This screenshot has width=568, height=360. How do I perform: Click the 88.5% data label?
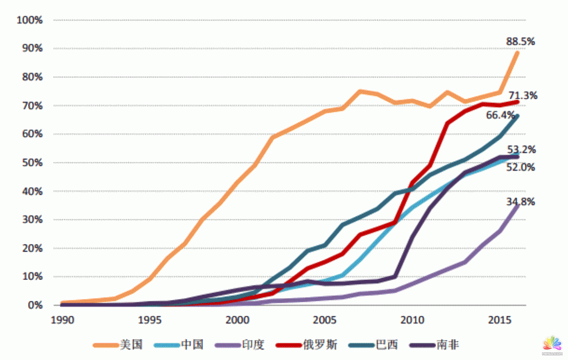pyautogui.click(x=520, y=42)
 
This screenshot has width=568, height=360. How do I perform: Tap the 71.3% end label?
pyautogui.click(x=523, y=96)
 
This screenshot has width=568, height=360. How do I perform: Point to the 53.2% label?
pyautogui.click(x=521, y=150)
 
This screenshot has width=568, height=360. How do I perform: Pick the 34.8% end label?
pyautogui.click(x=521, y=202)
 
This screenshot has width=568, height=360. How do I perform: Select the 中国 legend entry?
pyautogui.click(x=192, y=345)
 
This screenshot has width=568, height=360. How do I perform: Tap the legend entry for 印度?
pyautogui.click(x=253, y=345)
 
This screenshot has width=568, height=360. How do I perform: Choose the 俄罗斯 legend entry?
pyautogui.click(x=320, y=345)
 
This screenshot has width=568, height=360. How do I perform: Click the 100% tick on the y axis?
pyautogui.click(x=29, y=20)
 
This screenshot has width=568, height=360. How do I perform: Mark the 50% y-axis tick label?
pyautogui.click(x=31, y=162)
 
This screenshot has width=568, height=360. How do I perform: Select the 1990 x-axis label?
pyautogui.click(x=62, y=320)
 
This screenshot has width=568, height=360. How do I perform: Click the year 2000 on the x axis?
pyautogui.click(x=237, y=320)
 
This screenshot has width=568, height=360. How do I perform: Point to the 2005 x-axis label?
pyautogui.click(x=325, y=320)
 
